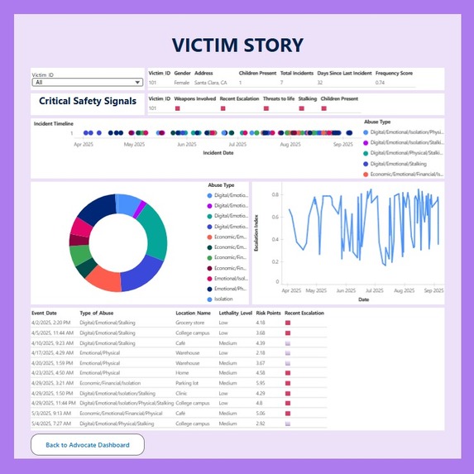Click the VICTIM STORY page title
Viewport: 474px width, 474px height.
tap(237, 45)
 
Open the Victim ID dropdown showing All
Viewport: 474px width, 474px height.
tap(88, 82)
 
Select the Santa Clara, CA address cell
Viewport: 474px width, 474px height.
tap(211, 83)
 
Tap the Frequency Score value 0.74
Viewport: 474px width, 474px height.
tap(380, 83)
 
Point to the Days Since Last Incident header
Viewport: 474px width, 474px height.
tap(345, 74)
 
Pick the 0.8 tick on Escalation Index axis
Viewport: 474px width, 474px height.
tap(275, 195)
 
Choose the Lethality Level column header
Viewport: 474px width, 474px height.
tap(235, 313)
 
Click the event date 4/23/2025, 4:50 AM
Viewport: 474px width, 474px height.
tap(53, 372)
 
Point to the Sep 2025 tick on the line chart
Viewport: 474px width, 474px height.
tap(433, 291)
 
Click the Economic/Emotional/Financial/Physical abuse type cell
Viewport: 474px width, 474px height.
tap(121, 414)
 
